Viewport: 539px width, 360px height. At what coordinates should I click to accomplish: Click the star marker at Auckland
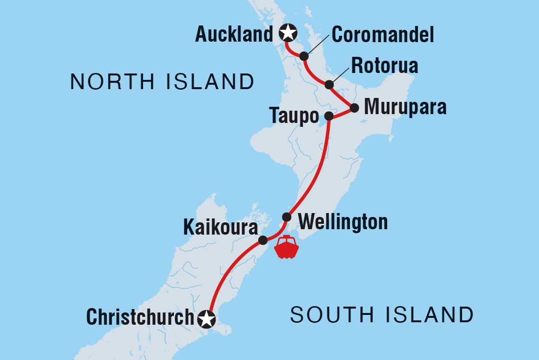click(288, 33)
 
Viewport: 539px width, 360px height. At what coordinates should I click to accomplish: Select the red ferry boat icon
click(287, 247)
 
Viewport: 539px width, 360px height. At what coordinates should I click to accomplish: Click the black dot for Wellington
click(287, 217)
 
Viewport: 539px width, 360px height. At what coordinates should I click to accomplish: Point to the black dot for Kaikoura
click(263, 240)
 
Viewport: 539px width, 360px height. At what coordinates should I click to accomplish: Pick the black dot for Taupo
click(329, 116)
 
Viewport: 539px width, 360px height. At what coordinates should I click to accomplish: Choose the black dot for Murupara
click(354, 108)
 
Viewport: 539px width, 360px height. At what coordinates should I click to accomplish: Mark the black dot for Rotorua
click(329, 85)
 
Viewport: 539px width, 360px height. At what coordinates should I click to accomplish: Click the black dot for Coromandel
click(304, 56)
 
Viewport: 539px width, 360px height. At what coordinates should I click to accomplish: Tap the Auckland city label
click(234, 34)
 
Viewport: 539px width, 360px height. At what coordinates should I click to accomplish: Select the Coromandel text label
click(383, 35)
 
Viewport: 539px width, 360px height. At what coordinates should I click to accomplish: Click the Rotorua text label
click(385, 66)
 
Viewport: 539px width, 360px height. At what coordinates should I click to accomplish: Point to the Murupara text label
click(405, 107)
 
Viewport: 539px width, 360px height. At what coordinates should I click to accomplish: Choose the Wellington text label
click(343, 222)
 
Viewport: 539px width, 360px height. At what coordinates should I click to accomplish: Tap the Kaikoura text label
click(220, 227)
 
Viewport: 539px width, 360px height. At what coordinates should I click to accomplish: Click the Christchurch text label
click(141, 317)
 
